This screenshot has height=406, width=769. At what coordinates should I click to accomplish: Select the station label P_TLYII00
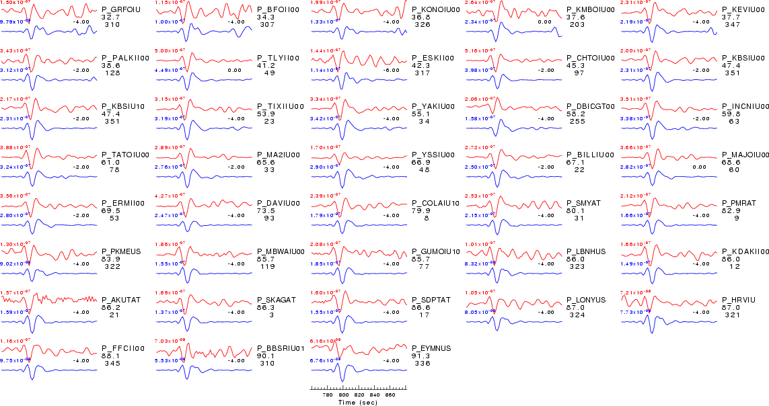279,58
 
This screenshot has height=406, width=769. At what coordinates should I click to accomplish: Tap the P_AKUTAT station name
121,300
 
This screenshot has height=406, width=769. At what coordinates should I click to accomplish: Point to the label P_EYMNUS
431,348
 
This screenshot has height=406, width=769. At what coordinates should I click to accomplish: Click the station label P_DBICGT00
591,106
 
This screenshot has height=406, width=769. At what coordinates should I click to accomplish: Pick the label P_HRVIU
739,300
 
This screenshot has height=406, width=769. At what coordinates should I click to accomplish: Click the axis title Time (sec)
357,403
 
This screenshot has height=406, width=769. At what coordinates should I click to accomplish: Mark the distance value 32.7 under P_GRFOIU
111,17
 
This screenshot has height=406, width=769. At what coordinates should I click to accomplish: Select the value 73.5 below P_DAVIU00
266,210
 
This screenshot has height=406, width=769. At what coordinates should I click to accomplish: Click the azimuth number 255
577,121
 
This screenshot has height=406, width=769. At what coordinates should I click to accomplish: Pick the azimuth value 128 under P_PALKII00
112,73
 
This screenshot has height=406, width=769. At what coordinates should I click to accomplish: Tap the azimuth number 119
266,266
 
